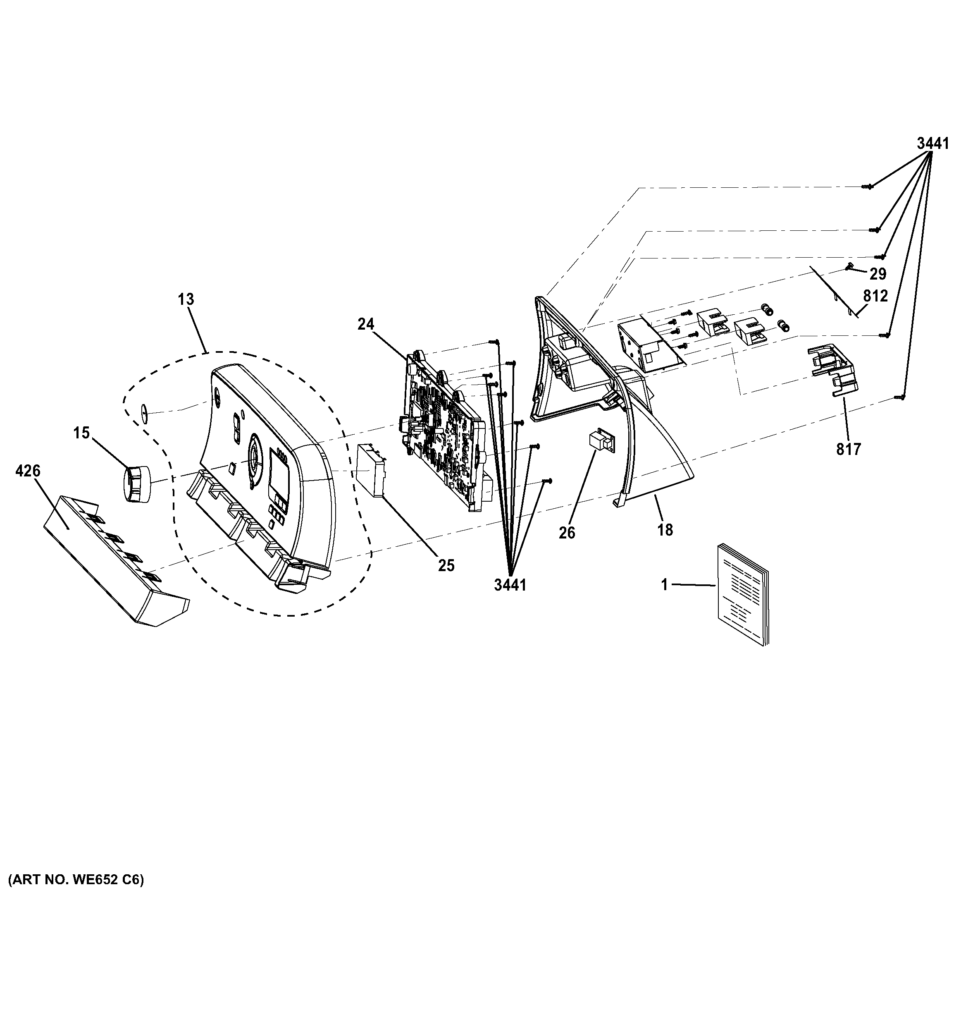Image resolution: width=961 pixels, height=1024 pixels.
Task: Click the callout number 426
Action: pyautogui.click(x=28, y=471)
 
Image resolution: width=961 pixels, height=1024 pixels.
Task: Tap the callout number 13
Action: pyautogui.click(x=186, y=299)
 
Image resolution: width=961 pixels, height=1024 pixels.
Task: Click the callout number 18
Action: pyautogui.click(x=665, y=530)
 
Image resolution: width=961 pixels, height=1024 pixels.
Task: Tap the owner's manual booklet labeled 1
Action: pyautogui.click(x=741, y=592)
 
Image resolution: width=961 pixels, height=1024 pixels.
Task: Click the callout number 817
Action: pyautogui.click(x=848, y=450)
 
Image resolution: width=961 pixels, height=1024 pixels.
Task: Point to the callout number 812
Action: pyautogui.click(x=875, y=296)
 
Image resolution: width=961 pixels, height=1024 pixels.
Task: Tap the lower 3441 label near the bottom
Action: pyautogui.click(x=510, y=585)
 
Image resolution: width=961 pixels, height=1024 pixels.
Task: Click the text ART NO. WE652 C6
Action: pyautogui.click(x=76, y=880)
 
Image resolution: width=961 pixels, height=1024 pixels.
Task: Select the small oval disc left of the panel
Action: pyautogui.click(x=144, y=412)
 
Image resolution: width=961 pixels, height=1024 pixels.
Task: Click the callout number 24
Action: pyautogui.click(x=366, y=325)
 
